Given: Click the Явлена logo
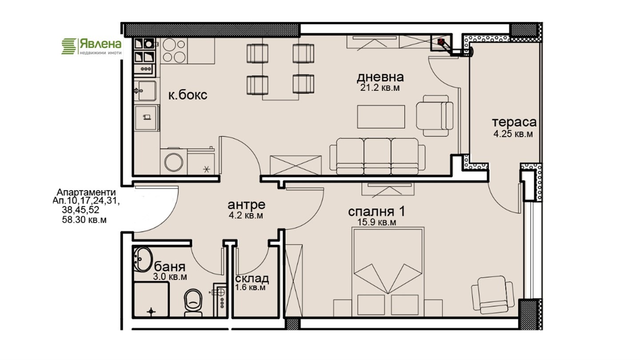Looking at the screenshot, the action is [x=92, y=47].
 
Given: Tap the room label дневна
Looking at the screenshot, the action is [x=380, y=77].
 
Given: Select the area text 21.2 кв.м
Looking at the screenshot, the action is [x=380, y=88].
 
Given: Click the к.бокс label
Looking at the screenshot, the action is [x=188, y=95].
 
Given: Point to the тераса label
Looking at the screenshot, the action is [x=514, y=122].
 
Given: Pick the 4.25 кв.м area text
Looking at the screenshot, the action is [x=513, y=134].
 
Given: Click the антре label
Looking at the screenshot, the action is [x=246, y=204].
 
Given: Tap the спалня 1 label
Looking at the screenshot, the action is [x=376, y=212].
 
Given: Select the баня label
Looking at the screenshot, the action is [x=170, y=267].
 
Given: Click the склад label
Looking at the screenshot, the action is [x=252, y=278].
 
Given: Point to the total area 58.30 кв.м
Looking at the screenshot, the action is [x=84, y=220].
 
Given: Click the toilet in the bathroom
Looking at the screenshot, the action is [x=193, y=303].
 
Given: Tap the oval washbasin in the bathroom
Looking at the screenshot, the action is [x=143, y=259].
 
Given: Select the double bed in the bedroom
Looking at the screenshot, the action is [x=388, y=272].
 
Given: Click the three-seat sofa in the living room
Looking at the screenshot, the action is [x=377, y=156].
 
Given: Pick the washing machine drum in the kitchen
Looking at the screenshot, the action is [x=174, y=162].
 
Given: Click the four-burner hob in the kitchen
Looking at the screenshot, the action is [x=173, y=51].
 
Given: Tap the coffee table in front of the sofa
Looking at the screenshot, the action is [x=381, y=116].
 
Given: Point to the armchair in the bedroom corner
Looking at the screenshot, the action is [x=492, y=295].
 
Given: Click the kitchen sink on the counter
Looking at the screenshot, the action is [x=145, y=91].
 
